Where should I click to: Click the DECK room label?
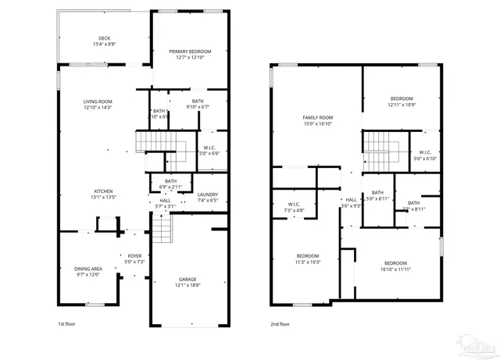[x=104, y=38]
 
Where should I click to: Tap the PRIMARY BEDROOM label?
[x=190, y=52]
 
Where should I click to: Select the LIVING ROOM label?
[x=98, y=102]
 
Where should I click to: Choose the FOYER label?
[x=134, y=255]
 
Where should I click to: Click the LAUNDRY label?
[x=207, y=194]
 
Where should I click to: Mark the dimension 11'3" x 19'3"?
[x=307, y=262]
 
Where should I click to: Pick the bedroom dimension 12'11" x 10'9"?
[x=402, y=105]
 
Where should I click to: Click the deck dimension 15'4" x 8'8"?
[x=104, y=45]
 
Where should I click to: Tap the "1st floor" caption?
[x=66, y=323]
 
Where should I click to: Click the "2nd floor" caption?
[x=280, y=323]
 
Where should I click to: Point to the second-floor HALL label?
[x=352, y=199]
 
